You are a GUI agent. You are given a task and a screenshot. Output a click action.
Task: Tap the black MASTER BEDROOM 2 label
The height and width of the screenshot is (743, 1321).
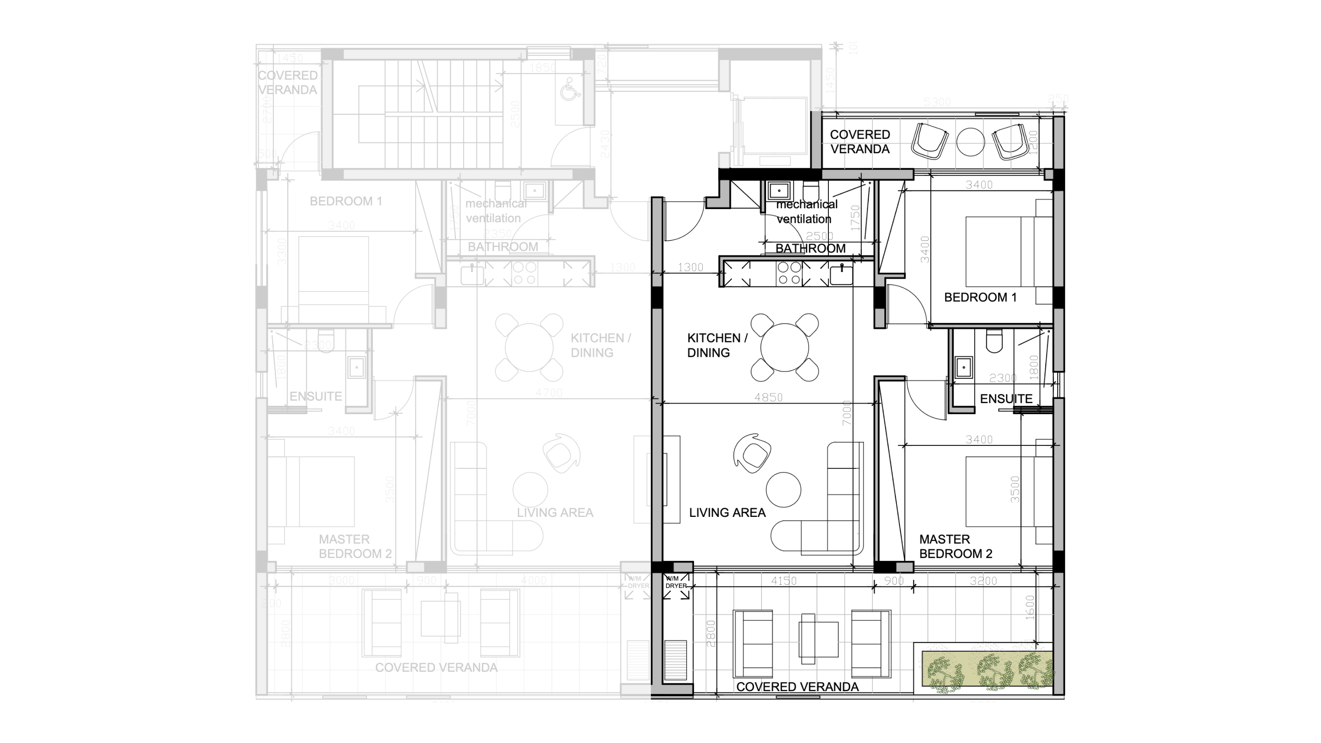pos(955,547)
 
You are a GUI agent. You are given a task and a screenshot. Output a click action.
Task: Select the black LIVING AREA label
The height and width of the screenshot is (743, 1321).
pos(727,513)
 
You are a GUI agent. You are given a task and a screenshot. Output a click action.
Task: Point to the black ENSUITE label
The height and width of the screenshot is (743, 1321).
pos(1005,399)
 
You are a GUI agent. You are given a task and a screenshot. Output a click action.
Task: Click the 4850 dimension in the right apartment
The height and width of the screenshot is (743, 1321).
pos(768,397)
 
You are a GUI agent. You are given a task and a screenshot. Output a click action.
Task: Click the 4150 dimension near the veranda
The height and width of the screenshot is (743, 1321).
pos(783,581)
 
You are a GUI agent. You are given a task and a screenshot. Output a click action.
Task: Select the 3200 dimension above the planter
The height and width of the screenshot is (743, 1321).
pos(983,581)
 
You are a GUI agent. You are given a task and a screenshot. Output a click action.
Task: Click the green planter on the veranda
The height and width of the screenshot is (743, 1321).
pos(987,669)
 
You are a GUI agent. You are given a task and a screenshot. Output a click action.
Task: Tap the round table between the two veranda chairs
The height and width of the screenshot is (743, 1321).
pos(970,142)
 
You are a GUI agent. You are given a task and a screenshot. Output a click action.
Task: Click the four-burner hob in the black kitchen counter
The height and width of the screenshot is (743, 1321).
pos(789,273)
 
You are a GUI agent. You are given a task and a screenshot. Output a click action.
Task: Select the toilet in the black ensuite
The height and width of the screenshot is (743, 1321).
pos(994,342)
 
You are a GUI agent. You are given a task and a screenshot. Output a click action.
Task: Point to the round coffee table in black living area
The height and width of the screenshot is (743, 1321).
pos(783,490)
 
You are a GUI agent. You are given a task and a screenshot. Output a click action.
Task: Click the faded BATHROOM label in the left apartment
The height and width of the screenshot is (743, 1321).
pos(503,247)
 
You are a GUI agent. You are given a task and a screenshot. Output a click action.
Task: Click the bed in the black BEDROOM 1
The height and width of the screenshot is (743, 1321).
pos(1000,251)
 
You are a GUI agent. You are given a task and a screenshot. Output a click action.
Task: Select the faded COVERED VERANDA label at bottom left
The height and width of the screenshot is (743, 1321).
pos(436,668)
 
